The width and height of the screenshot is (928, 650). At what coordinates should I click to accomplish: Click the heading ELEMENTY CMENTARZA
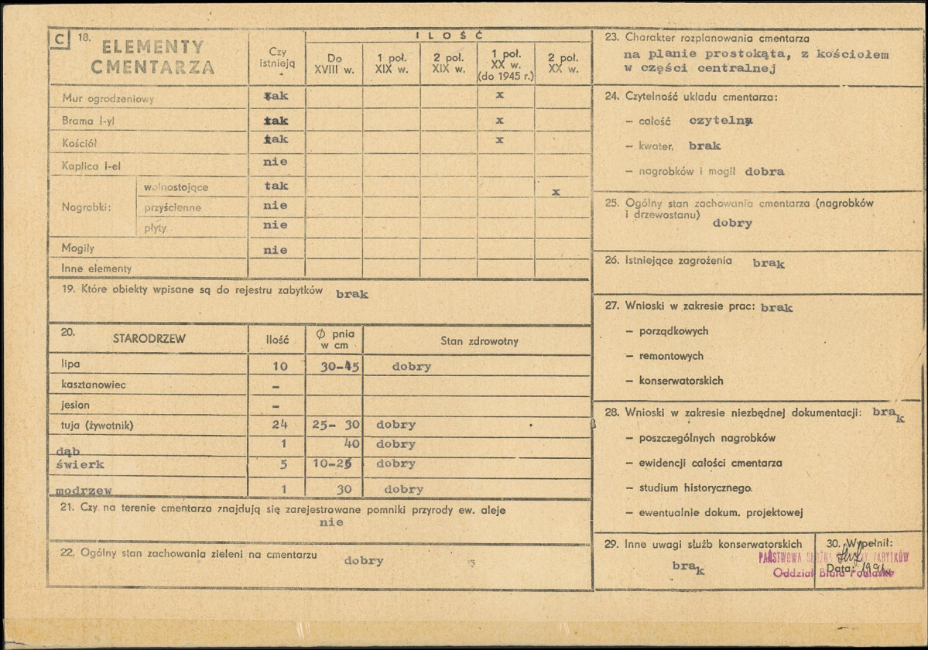pyautogui.click(x=152, y=56)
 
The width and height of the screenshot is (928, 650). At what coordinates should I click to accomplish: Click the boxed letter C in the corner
pyautogui.click(x=57, y=39)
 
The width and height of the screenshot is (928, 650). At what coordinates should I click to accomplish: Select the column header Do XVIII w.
pyautogui.click(x=334, y=63)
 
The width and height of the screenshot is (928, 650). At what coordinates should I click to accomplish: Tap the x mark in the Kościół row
pyautogui.click(x=500, y=140)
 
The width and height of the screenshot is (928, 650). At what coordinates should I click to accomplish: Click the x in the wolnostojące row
pyautogui.click(x=556, y=191)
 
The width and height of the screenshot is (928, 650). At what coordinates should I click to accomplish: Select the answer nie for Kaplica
pyautogui.click(x=275, y=162)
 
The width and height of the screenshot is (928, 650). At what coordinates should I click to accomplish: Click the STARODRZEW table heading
pyautogui.click(x=149, y=339)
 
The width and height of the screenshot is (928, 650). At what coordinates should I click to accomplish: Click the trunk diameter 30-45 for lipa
pyautogui.click(x=339, y=367)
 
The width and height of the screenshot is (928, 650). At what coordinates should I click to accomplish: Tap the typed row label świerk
pyautogui.click(x=80, y=464)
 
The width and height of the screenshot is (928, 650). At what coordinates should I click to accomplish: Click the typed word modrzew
pyautogui.click(x=84, y=491)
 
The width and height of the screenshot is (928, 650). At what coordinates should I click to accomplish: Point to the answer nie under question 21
pyautogui.click(x=330, y=523)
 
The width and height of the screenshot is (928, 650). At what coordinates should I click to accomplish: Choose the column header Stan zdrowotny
pyautogui.click(x=479, y=340)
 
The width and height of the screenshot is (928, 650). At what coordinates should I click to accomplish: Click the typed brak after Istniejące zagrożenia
pyautogui.click(x=769, y=263)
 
